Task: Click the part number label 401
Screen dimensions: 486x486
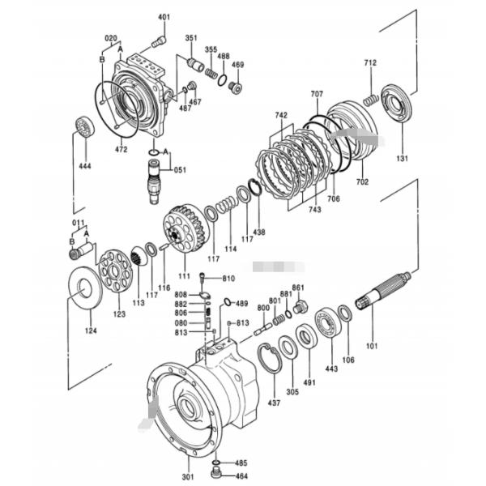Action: click(x=164, y=17)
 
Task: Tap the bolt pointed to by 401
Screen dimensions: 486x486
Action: click(x=159, y=41)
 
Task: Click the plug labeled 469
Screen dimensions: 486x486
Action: click(x=236, y=87)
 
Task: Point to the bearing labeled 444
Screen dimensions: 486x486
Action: click(x=85, y=126)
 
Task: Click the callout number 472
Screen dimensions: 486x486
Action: click(x=121, y=149)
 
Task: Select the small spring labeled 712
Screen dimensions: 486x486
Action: click(x=371, y=100)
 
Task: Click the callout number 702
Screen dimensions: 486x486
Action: click(x=362, y=181)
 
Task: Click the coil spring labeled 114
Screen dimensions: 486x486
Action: click(x=227, y=205)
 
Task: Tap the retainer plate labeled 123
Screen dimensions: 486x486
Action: click(x=116, y=270)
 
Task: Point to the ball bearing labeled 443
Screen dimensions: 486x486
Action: click(x=328, y=322)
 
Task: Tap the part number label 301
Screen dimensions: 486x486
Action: click(x=188, y=476)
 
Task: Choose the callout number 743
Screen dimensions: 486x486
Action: click(x=314, y=210)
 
